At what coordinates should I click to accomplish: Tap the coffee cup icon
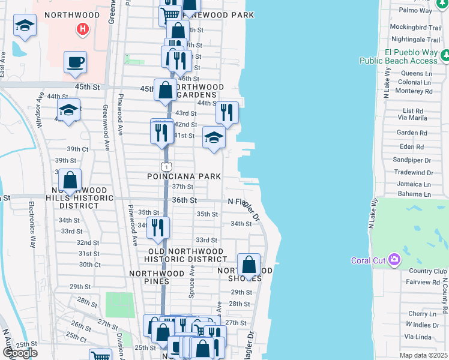click(x=76, y=62)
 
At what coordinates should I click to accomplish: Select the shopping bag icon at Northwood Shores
click(x=249, y=265)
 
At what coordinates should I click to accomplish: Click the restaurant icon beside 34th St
click(x=158, y=227)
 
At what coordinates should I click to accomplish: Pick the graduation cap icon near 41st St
click(x=214, y=137)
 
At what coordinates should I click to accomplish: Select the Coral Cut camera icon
click(x=394, y=260)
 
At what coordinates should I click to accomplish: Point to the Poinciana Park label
click(x=184, y=176)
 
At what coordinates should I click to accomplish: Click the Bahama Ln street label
click(x=415, y=194)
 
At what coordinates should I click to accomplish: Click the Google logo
click(x=20, y=353)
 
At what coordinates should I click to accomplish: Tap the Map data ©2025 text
click(x=424, y=355)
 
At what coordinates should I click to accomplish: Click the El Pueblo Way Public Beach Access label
click(x=399, y=56)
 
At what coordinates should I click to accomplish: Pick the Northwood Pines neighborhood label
click(x=157, y=273)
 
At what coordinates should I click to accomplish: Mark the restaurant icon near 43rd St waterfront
click(x=227, y=112)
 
